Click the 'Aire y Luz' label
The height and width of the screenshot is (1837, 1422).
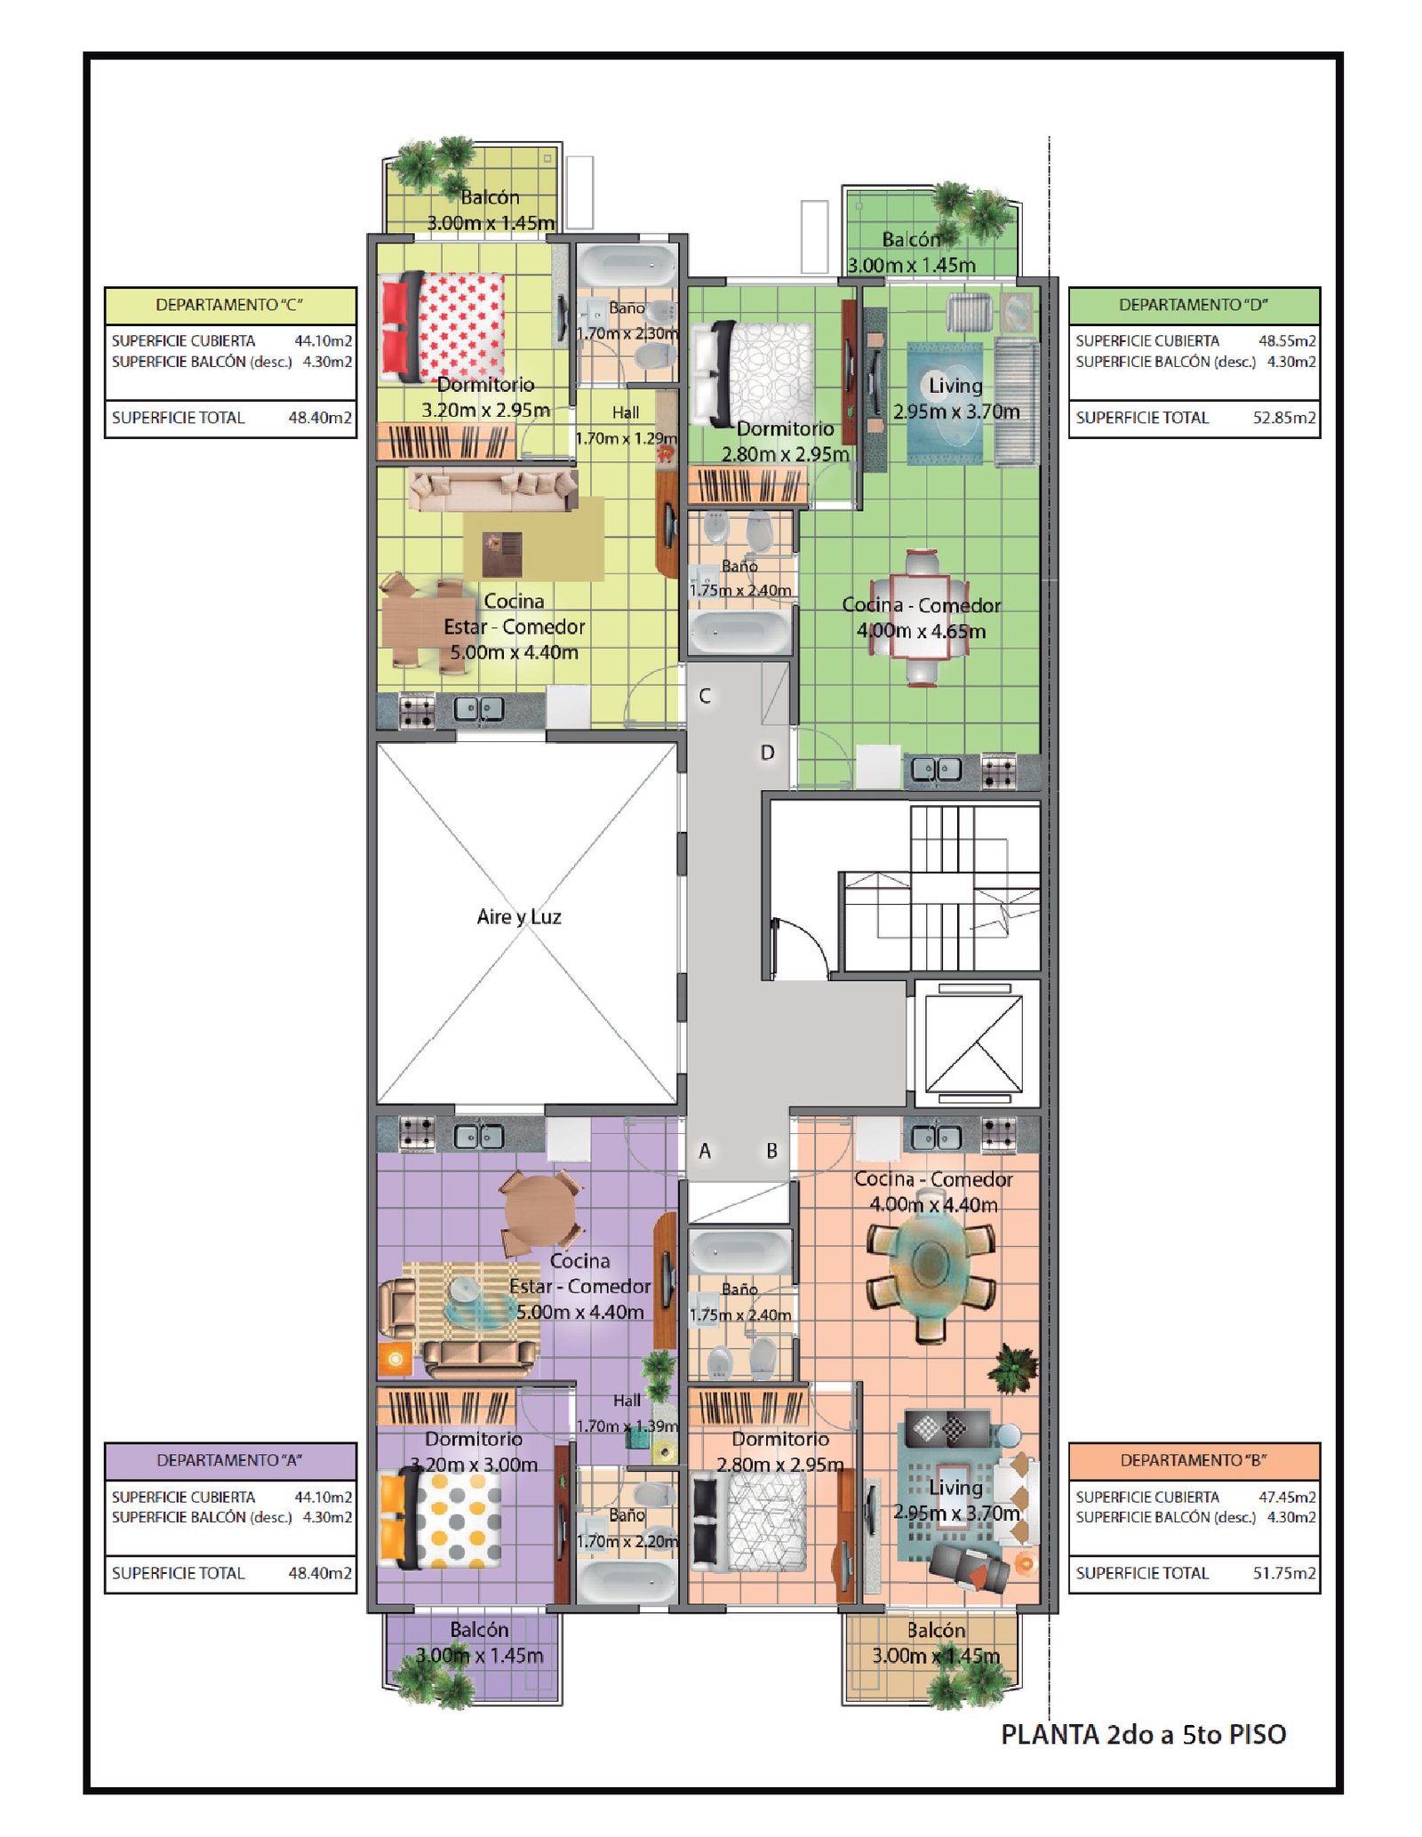click(519, 916)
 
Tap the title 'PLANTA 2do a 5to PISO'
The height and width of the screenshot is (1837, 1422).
click(1143, 1734)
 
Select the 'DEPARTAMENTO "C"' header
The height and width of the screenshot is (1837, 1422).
click(229, 305)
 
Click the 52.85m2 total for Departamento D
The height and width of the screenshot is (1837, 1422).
click(1284, 418)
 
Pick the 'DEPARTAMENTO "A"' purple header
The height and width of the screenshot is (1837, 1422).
click(230, 1460)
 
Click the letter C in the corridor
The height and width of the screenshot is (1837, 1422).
click(705, 696)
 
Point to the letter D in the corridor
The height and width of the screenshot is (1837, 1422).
click(767, 753)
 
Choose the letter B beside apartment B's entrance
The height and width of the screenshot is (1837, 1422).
click(771, 1151)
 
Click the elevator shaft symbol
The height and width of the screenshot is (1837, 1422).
click(974, 1043)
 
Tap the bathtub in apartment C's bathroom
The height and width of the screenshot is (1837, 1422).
click(627, 265)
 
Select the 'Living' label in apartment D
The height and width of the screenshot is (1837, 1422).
click(955, 386)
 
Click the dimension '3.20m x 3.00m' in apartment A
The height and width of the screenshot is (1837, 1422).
click(474, 1465)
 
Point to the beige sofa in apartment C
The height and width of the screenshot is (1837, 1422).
click(492, 490)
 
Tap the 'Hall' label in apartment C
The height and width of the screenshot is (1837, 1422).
click(626, 412)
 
